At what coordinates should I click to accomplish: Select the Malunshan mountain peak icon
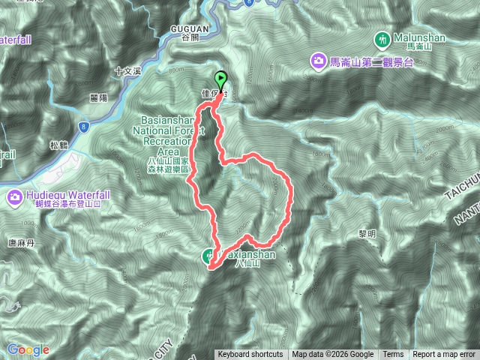[382, 38]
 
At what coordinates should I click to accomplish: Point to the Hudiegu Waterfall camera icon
[15, 198]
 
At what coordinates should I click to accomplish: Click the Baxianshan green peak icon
[209, 256]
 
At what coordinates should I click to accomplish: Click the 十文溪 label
[127, 72]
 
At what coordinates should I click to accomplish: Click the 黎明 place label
[367, 212]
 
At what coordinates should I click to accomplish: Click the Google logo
[28, 349]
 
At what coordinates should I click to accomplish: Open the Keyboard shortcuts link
[250, 355]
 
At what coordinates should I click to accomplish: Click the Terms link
[393, 355]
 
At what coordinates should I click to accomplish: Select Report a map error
[444, 355]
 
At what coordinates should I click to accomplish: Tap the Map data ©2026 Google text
[333, 355]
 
